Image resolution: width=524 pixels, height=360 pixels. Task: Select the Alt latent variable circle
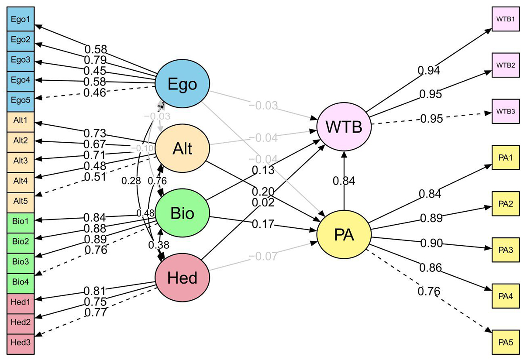183,149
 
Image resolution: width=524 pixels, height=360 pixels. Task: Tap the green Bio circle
183,213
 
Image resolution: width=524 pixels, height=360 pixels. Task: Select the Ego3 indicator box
21,60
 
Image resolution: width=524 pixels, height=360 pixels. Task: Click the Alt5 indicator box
21,201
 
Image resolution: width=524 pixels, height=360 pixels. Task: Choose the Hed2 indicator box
21,322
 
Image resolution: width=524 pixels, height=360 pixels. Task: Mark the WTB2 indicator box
505,65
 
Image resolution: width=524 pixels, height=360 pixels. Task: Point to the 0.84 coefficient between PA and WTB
344,180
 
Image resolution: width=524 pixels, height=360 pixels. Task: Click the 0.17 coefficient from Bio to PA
263,225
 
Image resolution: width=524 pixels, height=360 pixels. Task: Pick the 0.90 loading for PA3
431,243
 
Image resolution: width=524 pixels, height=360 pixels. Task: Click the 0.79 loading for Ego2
95,59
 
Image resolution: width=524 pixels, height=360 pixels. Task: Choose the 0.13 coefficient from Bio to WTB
263,171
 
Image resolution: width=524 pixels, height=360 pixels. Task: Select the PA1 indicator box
505,156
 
